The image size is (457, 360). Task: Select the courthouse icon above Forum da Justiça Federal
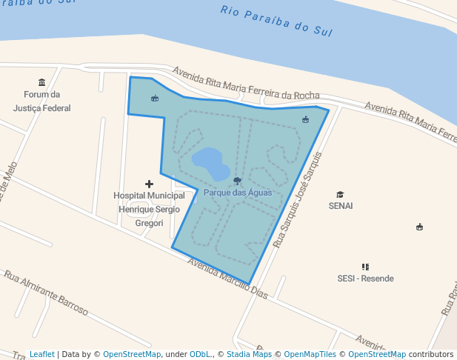(41, 82)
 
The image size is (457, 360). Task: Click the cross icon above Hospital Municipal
(149, 184)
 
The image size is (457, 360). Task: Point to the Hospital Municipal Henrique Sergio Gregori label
(149, 209)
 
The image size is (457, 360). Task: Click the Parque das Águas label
(238, 193)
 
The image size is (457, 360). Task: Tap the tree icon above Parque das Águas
(237, 181)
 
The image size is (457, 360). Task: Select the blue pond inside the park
(210, 163)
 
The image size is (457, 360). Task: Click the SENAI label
(340, 205)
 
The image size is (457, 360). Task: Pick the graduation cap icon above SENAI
(340, 194)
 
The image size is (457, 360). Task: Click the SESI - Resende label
(365, 279)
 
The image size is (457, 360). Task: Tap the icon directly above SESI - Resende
(365, 267)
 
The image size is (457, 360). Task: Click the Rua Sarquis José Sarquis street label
(299, 200)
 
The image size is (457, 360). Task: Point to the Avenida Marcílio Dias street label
(227, 278)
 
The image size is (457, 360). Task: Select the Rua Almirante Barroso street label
(46, 293)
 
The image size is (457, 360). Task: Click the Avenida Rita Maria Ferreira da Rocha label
(246, 84)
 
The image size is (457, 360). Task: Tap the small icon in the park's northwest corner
(154, 99)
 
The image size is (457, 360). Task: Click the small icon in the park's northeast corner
(305, 119)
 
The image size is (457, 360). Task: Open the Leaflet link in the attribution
(42, 355)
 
